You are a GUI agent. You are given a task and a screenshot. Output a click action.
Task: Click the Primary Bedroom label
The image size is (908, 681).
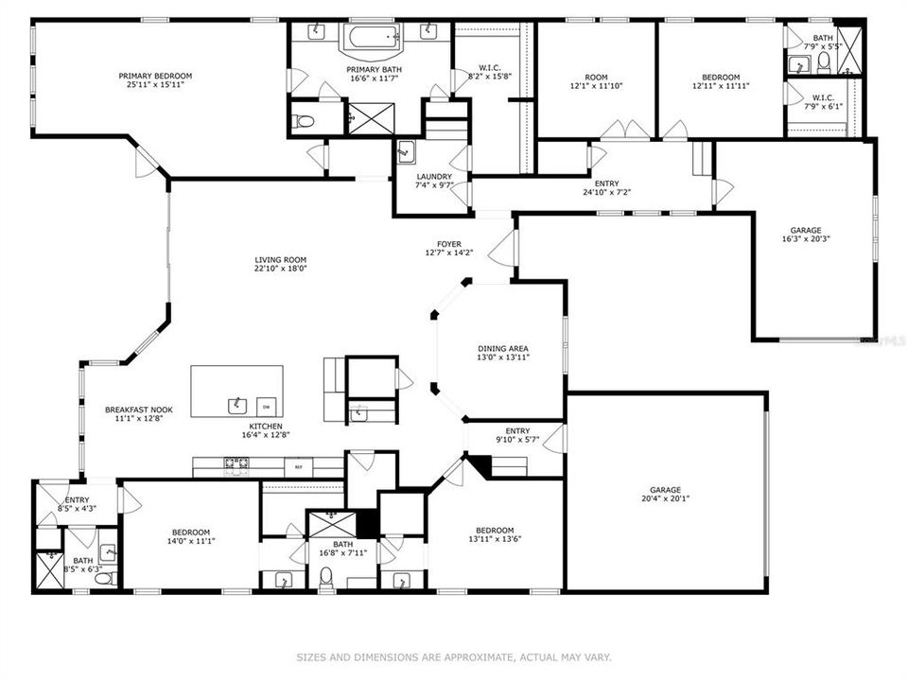click(x=155, y=77)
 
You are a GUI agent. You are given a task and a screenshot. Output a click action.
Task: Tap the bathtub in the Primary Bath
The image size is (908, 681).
click(x=371, y=39)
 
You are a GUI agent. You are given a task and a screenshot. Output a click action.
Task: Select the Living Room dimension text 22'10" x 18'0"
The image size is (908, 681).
click(x=280, y=269)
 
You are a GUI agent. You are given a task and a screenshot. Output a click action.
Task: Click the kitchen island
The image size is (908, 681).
click(x=236, y=392)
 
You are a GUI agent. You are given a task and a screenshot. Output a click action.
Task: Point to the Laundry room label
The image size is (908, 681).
click(x=434, y=177)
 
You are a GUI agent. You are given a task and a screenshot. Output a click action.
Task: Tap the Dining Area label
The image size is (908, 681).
click(x=502, y=348)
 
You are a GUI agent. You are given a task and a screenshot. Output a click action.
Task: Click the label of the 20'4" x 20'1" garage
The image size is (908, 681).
click(x=665, y=489)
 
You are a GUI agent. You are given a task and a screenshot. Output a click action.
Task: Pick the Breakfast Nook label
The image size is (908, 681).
click(x=138, y=410)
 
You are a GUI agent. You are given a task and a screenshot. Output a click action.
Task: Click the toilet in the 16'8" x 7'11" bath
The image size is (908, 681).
click(x=327, y=576)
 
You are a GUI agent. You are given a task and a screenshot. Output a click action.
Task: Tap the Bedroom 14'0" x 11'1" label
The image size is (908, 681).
click(x=190, y=533)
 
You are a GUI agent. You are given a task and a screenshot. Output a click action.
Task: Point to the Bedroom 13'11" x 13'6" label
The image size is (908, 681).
click(x=494, y=531)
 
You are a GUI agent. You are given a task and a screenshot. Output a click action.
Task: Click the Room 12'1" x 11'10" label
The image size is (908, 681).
click(x=595, y=78)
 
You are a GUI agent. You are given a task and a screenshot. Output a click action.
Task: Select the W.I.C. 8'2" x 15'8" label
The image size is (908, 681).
click(x=489, y=67)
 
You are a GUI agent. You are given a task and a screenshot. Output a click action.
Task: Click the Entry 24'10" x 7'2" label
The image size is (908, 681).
click(x=606, y=183)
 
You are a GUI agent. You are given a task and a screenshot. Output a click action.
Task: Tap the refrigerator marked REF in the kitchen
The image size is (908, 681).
click(x=299, y=467)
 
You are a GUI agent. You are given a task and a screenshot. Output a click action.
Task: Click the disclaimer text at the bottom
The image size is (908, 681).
click(x=454, y=656)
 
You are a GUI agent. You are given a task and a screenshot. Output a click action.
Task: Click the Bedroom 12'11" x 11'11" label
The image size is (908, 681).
click(x=720, y=78)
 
